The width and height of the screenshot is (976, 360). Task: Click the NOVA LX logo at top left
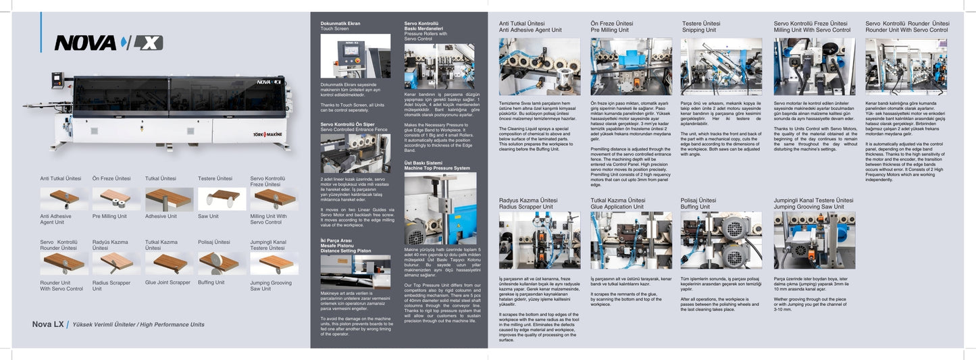[x=108, y=43]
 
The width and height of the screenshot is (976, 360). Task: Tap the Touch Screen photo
[x=355, y=56]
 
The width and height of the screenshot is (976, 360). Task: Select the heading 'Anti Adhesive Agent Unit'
[x=530, y=30]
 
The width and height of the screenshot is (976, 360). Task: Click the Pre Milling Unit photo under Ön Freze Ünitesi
[x=631, y=66]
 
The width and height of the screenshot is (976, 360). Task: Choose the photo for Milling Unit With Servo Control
[x=814, y=66]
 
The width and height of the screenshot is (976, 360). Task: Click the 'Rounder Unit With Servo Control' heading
[x=906, y=30]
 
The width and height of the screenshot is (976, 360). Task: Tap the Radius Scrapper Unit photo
[x=539, y=240]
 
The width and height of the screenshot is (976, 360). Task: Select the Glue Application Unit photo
[x=631, y=240]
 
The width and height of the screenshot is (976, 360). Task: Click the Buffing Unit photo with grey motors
[x=721, y=240]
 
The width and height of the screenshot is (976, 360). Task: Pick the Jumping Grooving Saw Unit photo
[x=814, y=240]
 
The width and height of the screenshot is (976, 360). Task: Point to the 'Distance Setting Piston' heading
[x=346, y=251]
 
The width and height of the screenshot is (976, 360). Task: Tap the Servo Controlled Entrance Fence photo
[x=355, y=153]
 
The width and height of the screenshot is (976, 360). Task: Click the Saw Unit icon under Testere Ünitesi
[x=222, y=199]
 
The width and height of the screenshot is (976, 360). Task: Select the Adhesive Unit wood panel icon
[x=169, y=199]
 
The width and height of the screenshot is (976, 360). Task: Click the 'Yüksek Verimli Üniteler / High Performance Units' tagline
[x=138, y=325]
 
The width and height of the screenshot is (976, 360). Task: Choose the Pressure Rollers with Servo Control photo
[x=439, y=66]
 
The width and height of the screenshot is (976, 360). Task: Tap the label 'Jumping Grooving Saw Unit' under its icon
[x=271, y=286]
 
